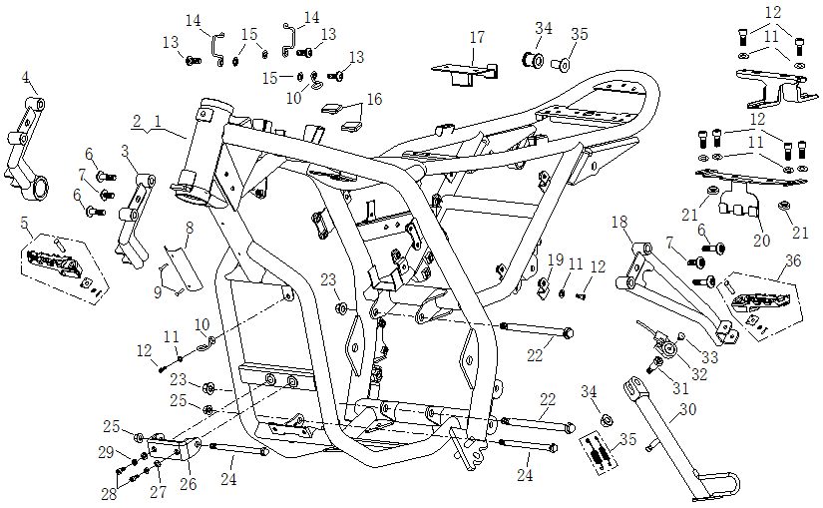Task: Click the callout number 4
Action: click(x=26, y=77)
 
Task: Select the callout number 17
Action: click(x=477, y=38)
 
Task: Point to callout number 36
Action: click(x=792, y=261)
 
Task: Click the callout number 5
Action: click(x=25, y=223)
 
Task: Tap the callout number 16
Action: click(x=373, y=99)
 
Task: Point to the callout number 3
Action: click(x=125, y=151)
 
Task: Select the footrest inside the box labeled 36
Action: click(x=762, y=299)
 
